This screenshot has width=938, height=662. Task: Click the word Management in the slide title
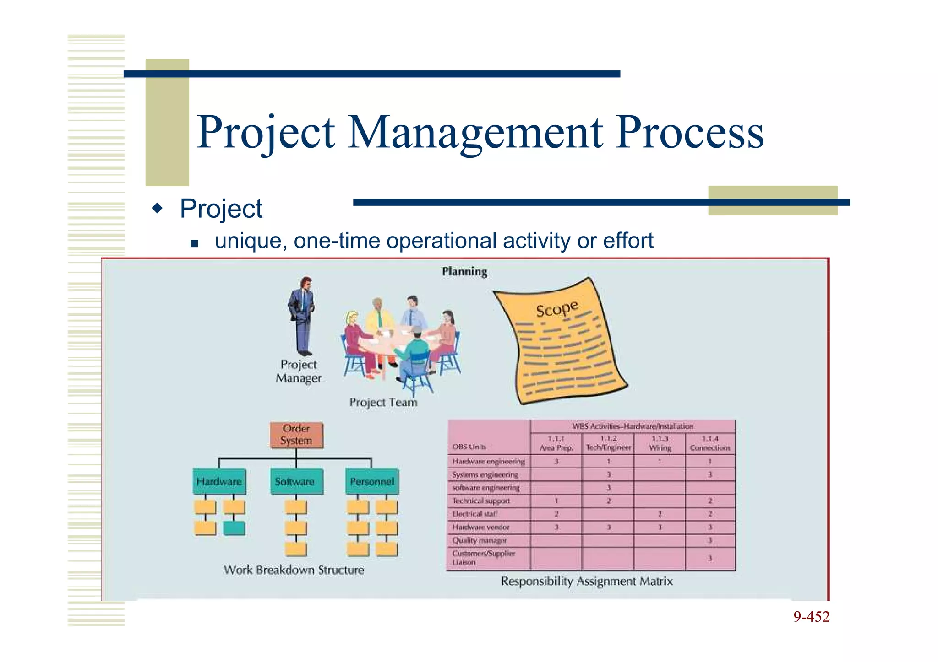[475, 133]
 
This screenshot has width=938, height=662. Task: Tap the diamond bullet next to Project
[157, 209]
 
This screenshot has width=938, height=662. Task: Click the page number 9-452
[811, 617]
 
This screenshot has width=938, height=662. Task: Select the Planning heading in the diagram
[464, 272]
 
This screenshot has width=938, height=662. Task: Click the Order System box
[296, 435]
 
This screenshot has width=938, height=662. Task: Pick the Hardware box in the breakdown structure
[219, 482]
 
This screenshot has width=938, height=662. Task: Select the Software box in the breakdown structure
[295, 482]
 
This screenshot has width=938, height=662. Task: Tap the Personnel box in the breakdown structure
[371, 482]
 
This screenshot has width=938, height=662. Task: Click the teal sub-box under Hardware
[234, 528]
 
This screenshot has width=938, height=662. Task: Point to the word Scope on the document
[557, 309]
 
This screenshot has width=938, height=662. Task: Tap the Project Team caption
[383, 403]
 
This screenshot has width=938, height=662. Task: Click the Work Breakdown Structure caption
[294, 570]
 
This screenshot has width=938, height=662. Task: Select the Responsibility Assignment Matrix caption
[587, 581]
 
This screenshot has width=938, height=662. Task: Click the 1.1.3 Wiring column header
[660, 443]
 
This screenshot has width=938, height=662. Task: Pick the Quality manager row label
[480, 540]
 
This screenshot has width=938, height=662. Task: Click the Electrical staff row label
[475, 514]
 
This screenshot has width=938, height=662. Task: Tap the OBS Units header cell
[469, 447]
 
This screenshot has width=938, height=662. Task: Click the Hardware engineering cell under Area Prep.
[556, 462]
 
